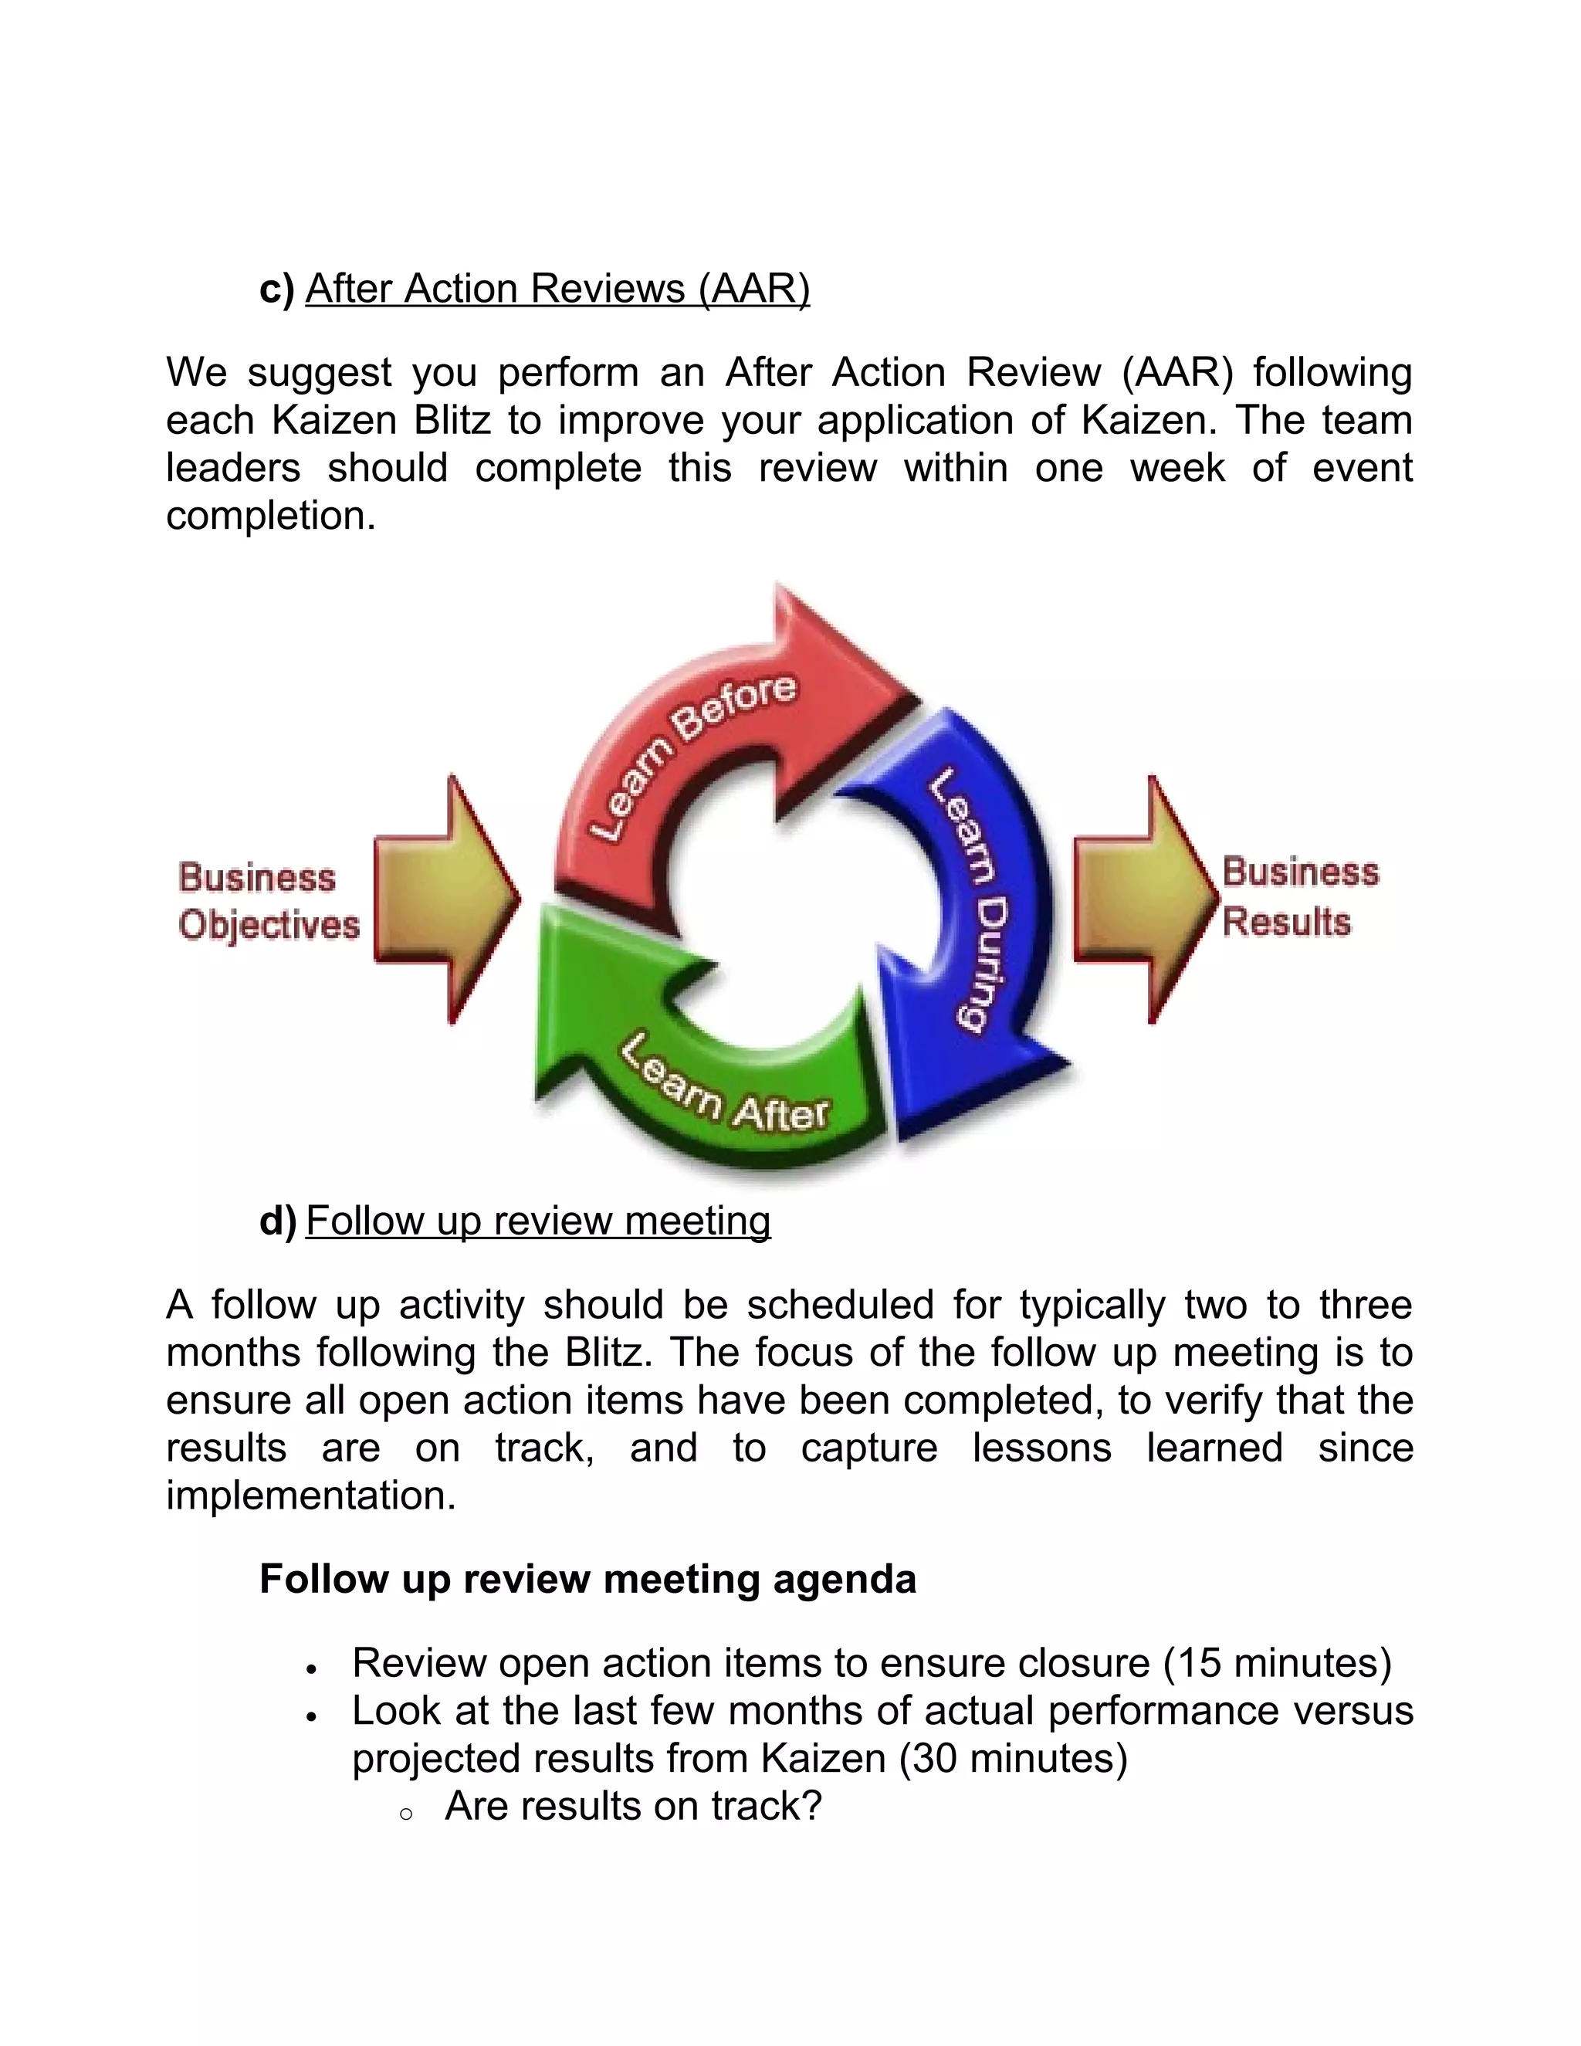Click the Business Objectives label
(x=269, y=901)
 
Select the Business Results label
(x=1299, y=896)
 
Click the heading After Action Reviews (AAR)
(x=557, y=289)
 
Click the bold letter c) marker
(x=277, y=289)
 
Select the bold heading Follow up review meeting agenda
(x=587, y=1579)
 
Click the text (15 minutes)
(x=1277, y=1663)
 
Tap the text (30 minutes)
(x=1013, y=1758)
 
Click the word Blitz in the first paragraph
(x=452, y=421)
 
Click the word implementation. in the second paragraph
(x=311, y=1496)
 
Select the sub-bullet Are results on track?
(x=633, y=1806)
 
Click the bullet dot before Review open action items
(x=311, y=1668)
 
